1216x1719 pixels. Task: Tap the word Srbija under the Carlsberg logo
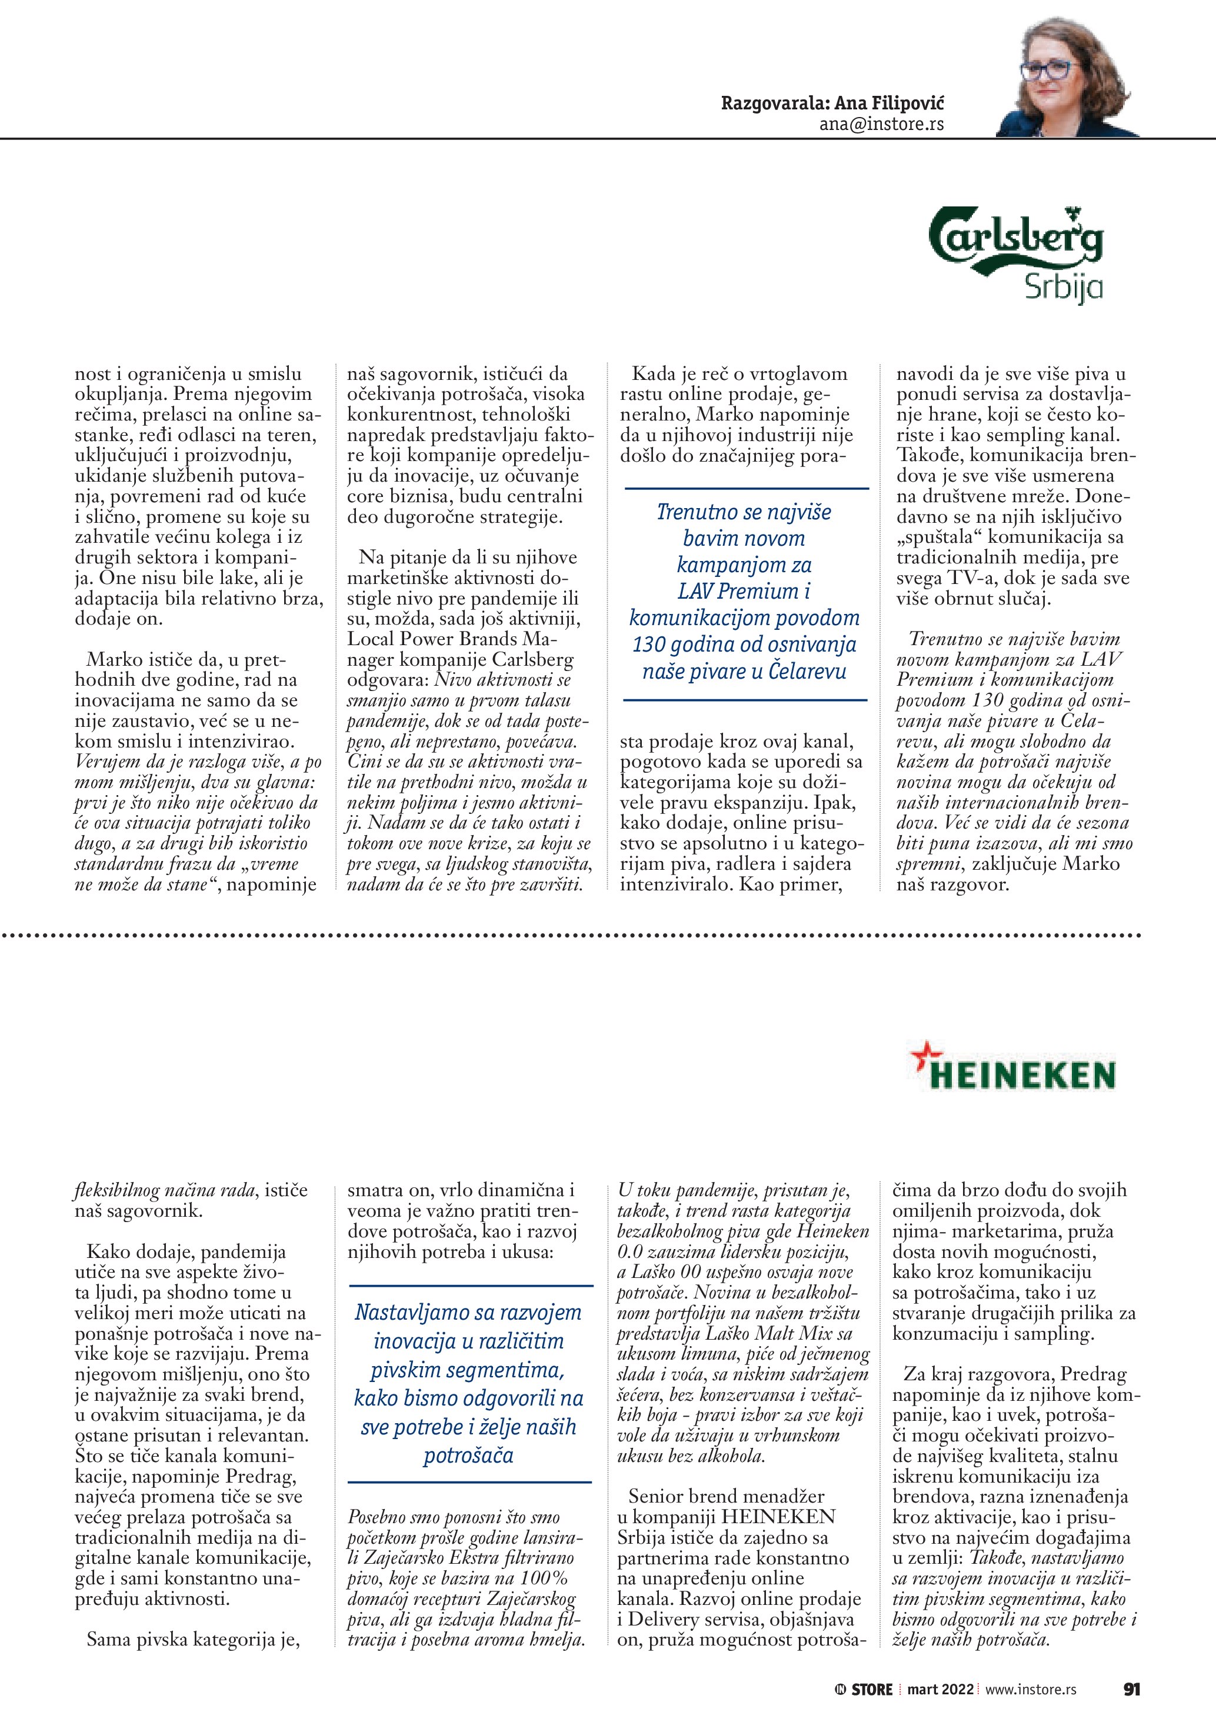[x=1063, y=288]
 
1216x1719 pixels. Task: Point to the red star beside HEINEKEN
[x=922, y=1056]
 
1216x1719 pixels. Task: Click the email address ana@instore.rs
[x=881, y=123]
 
